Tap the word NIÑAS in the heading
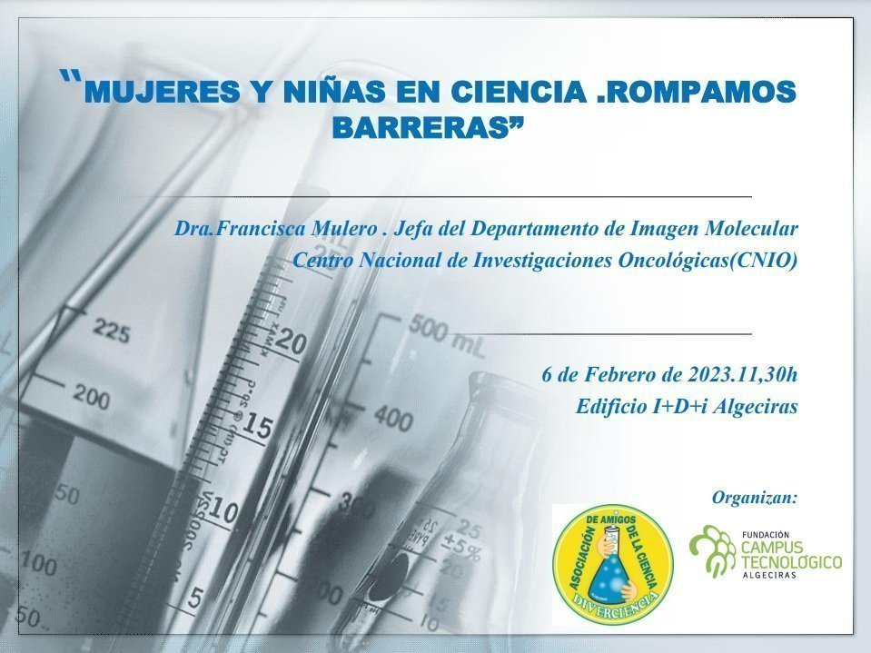[333, 91]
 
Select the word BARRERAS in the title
[421, 128]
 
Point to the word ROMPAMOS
[702, 92]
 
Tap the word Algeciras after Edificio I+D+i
[755, 407]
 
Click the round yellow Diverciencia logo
[613, 565]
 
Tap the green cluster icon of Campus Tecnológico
[713, 549]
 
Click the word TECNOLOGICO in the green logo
[792, 562]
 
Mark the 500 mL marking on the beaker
[447, 335]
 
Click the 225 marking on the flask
[111, 331]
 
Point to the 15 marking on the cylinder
[257, 426]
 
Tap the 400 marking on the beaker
[393, 418]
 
